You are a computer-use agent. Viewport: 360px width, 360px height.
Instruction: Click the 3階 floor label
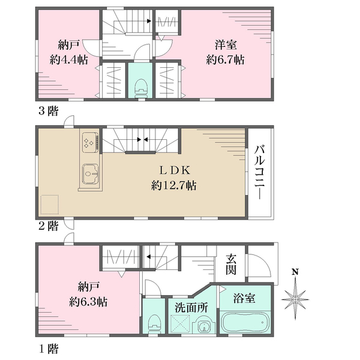[x=48, y=111]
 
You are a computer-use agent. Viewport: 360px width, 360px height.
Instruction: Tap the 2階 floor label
[x=48, y=226]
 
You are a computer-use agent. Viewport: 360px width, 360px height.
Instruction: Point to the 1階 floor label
[x=49, y=349]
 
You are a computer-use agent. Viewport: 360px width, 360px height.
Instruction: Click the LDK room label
[x=175, y=170]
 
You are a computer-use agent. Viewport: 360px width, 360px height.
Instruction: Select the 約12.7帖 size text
[x=173, y=185]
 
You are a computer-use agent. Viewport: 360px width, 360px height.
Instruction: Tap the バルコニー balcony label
[x=260, y=172]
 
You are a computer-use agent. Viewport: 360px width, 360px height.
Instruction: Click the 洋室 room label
[x=226, y=44]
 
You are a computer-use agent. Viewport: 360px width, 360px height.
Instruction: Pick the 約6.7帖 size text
[x=225, y=59]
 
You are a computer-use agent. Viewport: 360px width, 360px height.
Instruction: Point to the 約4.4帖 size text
[x=68, y=59]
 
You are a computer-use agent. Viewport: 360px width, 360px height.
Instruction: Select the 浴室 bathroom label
[x=244, y=298]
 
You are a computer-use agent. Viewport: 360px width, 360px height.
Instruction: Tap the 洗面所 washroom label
[x=191, y=308]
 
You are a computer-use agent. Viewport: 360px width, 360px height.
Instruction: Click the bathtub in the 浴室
[x=245, y=322]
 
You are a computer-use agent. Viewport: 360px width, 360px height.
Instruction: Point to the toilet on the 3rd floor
[x=141, y=88]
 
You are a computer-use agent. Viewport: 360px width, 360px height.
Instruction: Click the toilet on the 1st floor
[x=154, y=324]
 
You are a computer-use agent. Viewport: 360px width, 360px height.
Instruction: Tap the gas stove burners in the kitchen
[x=89, y=142]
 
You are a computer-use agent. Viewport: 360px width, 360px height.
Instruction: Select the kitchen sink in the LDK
[x=90, y=174]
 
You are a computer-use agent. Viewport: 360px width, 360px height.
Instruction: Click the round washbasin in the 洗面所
[x=203, y=325]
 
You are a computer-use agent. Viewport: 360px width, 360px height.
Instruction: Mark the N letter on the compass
[x=295, y=272]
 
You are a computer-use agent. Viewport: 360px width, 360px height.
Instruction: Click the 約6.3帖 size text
[x=88, y=302]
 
